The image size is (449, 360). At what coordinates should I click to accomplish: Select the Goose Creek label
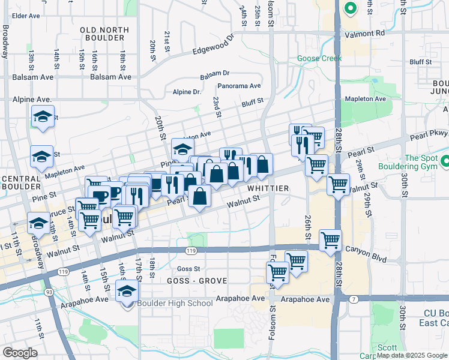point(319,59)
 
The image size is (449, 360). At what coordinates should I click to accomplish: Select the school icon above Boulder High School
point(127,292)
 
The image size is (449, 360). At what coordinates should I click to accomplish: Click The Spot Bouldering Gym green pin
point(445,161)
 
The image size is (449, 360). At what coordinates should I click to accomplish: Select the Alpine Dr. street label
point(187,92)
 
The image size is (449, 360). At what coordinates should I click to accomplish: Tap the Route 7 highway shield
point(354,298)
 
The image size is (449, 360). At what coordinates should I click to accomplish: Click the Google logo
point(20,352)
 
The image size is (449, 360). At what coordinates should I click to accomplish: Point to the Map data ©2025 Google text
point(411,355)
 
